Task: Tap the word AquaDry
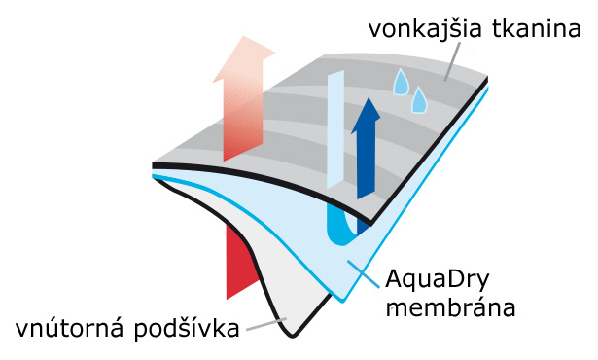click(437, 280)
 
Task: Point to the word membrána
click(450, 307)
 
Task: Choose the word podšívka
click(187, 328)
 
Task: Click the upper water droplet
click(401, 82)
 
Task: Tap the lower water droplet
click(419, 99)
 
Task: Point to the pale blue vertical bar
click(335, 129)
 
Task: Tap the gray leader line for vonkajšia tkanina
click(452, 61)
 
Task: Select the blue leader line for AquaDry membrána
click(364, 274)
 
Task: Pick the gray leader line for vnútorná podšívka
click(266, 324)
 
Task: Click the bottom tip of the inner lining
click(292, 337)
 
